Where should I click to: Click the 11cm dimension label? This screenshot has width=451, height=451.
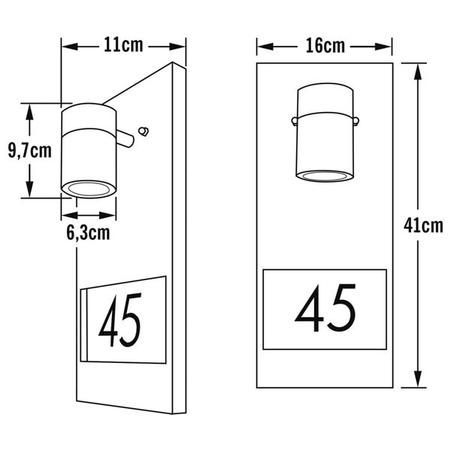[123, 45]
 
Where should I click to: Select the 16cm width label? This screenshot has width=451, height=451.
[325, 46]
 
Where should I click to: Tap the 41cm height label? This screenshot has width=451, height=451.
[423, 225]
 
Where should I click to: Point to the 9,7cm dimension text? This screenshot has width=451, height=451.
[30, 151]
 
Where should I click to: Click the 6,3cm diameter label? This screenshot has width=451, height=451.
[88, 233]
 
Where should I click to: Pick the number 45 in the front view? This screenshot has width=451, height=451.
[325, 308]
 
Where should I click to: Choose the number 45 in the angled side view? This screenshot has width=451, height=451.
[120, 320]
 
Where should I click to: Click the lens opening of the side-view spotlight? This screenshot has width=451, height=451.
[89, 189]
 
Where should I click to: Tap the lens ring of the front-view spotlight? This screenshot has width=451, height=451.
[325, 176]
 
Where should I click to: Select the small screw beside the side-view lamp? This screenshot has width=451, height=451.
[144, 131]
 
